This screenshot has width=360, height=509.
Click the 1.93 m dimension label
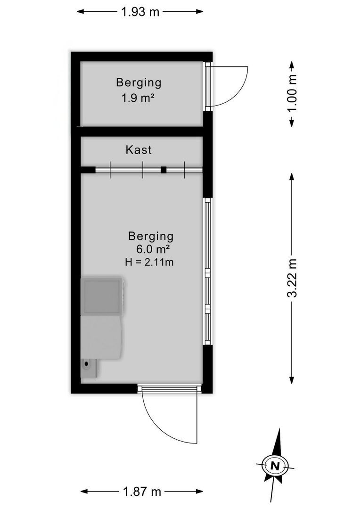pos(140,12)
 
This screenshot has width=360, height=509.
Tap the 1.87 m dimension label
pos(142,492)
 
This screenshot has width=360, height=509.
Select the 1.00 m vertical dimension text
pos(292,93)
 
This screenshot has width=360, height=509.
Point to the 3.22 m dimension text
pos(292,278)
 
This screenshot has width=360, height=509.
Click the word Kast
pos(139,150)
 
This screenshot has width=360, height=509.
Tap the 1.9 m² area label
pos(137,98)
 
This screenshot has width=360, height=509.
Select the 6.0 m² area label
pos(153,249)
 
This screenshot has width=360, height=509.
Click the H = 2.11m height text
pos(149,262)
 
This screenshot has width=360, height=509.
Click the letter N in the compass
pos(275,466)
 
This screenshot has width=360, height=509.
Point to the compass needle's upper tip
pos(279,429)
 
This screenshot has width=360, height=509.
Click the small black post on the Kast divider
pos(164,170)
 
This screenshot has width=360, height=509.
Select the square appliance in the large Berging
pos(102,296)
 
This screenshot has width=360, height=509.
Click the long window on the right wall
pos(207,271)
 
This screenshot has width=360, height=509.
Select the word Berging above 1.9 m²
pos(139,83)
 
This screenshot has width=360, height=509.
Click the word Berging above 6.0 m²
pos(151,236)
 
